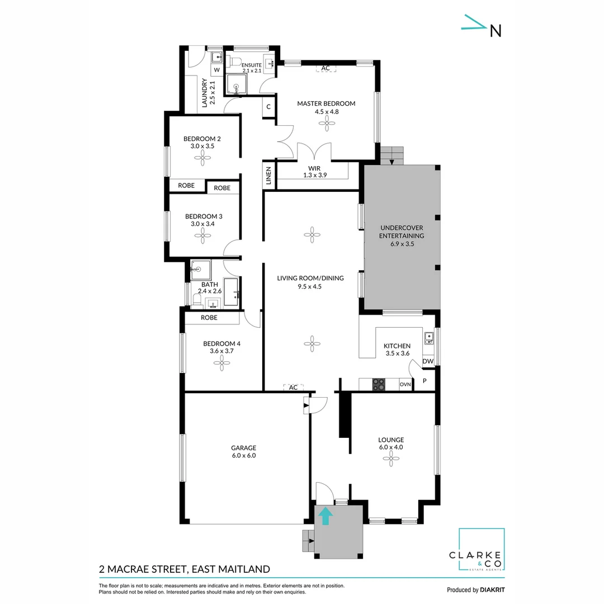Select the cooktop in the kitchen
click(x=379, y=384)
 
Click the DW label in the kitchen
click(x=428, y=362)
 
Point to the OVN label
click(x=405, y=385)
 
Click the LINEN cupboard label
click(x=269, y=176)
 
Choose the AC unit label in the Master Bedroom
click(x=325, y=68)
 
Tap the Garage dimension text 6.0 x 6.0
click(x=244, y=456)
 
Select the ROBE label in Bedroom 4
click(x=209, y=318)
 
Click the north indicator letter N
click(x=495, y=31)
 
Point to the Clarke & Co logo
click(x=482, y=551)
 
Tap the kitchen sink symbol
click(x=428, y=337)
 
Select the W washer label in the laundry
click(x=216, y=70)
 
